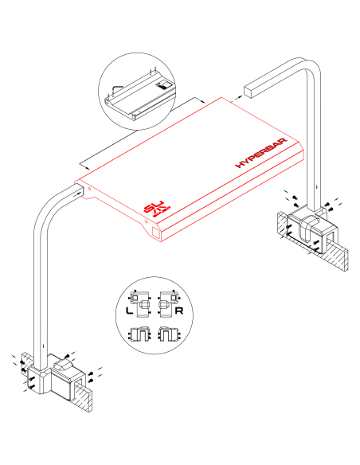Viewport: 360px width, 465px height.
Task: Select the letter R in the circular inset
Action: (x=181, y=311)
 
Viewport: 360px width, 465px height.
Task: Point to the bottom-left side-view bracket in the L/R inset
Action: (x=143, y=334)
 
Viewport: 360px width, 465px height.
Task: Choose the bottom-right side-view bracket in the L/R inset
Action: (x=167, y=334)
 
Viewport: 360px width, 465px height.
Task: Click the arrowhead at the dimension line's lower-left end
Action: (x=82, y=166)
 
